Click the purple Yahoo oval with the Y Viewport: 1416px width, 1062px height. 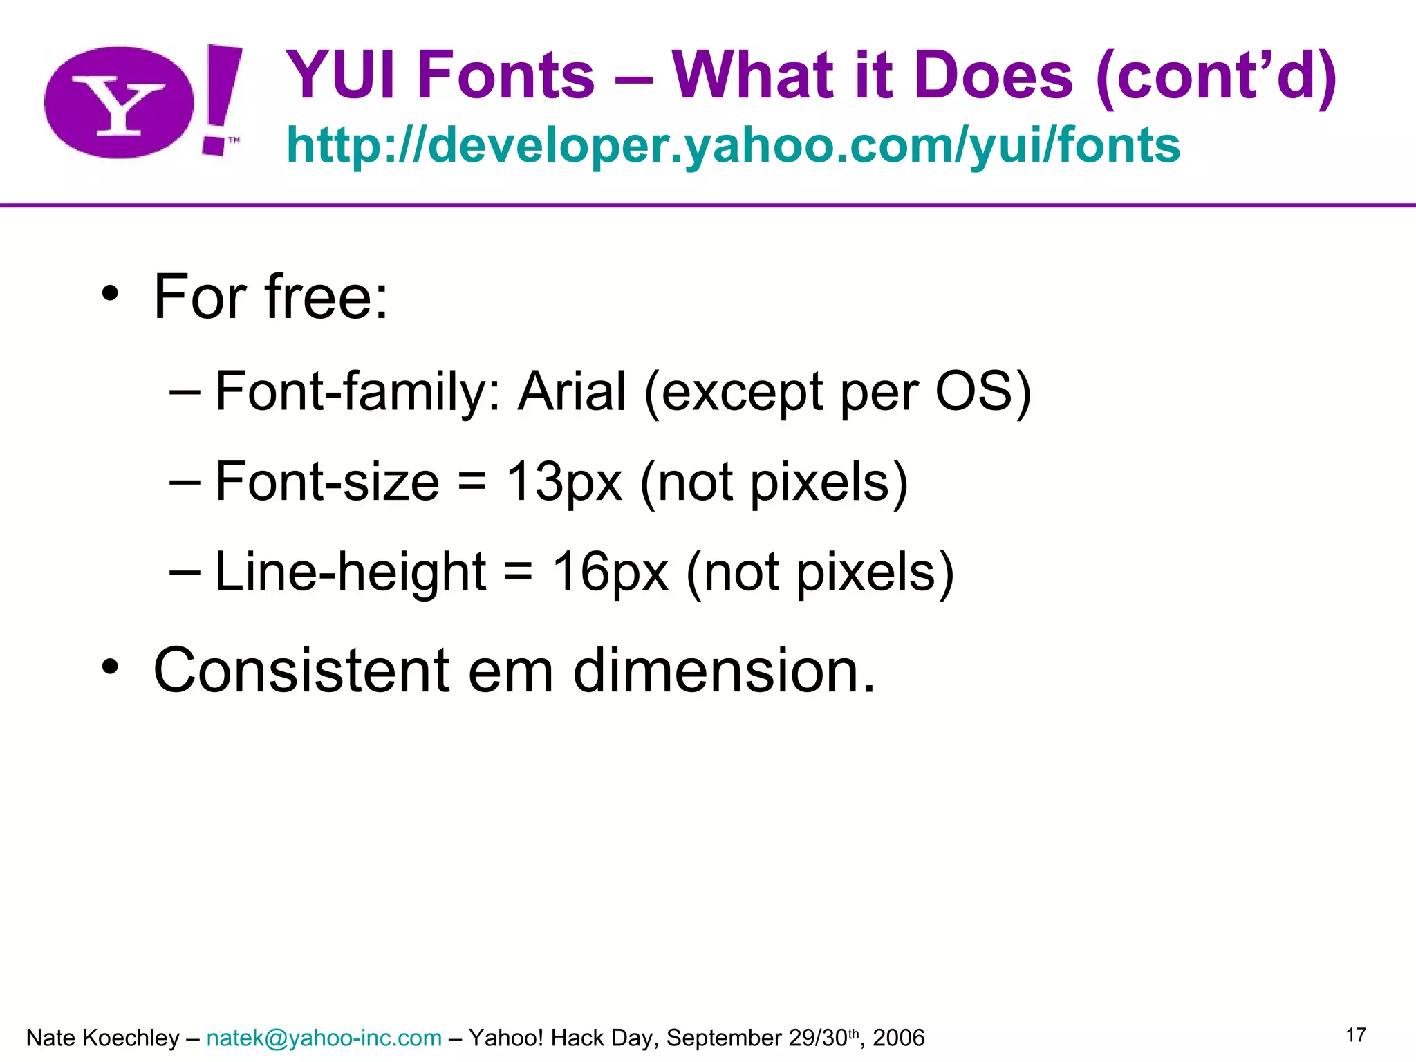tap(119, 102)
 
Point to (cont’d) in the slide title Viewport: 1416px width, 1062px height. tap(1217, 76)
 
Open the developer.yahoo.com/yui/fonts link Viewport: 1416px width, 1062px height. tap(733, 145)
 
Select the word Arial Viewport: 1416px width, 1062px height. tap(572, 391)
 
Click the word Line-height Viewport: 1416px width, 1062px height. tap(351, 572)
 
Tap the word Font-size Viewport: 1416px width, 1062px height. tap(327, 482)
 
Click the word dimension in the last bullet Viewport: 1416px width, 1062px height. tap(724, 670)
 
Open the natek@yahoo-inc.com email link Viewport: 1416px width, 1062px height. tap(324, 1038)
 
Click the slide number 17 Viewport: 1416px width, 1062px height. tap(1356, 1035)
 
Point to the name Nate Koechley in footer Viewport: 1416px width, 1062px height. tap(102, 1038)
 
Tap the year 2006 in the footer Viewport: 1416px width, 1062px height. tap(898, 1038)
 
